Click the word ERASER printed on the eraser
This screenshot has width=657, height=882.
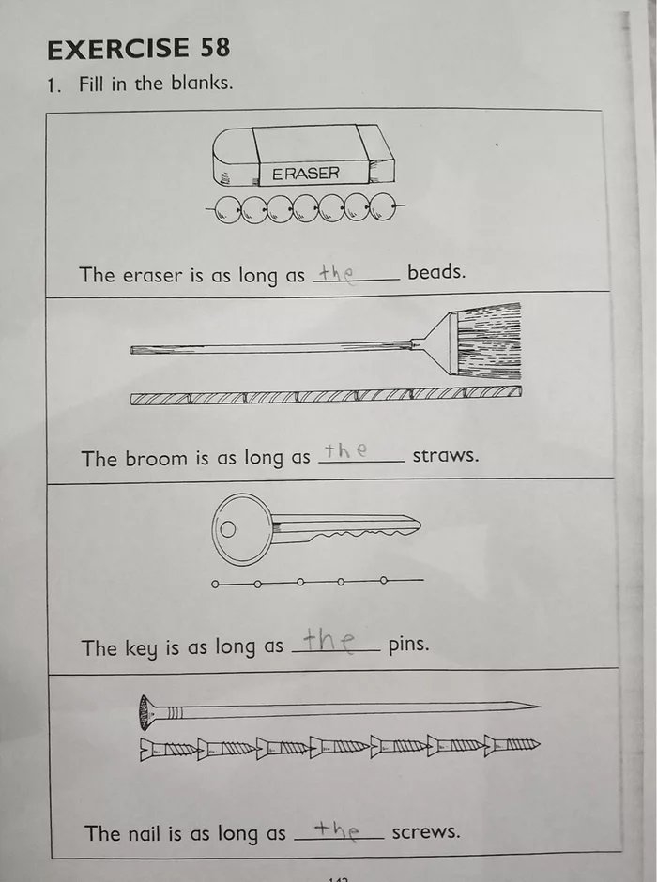[x=306, y=174]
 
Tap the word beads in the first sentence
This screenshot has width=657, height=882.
[x=435, y=272]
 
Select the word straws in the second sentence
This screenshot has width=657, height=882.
[x=446, y=457]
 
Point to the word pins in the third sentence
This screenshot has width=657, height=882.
[x=408, y=646]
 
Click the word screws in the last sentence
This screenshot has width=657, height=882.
[x=426, y=831]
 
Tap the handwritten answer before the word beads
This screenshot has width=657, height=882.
[x=334, y=273]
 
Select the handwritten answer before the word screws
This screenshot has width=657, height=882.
[x=336, y=829]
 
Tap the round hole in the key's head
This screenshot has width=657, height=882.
[x=228, y=528]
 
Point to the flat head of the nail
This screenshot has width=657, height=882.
[x=145, y=712]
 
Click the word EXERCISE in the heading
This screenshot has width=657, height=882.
[x=116, y=48]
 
